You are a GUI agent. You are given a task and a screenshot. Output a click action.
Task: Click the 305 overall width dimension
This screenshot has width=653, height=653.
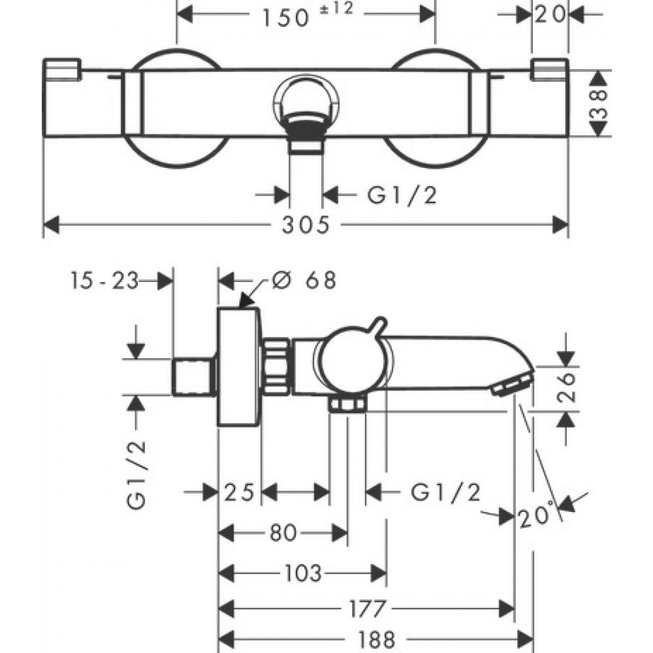(x=306, y=225)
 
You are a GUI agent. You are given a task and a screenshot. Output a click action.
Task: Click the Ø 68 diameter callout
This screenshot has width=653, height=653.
(x=304, y=280)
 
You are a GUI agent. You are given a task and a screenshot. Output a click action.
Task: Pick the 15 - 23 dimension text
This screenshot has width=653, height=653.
(x=105, y=281)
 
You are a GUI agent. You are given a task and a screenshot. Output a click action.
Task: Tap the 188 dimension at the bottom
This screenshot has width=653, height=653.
(x=376, y=639)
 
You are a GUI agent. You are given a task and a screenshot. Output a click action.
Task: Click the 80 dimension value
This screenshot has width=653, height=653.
(x=283, y=534)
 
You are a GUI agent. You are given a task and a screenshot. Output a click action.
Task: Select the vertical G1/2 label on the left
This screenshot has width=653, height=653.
(x=136, y=474)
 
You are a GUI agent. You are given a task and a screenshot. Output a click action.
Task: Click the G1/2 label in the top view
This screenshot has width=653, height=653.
(x=401, y=194)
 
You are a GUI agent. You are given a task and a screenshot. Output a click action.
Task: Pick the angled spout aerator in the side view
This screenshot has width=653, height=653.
(x=513, y=383)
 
